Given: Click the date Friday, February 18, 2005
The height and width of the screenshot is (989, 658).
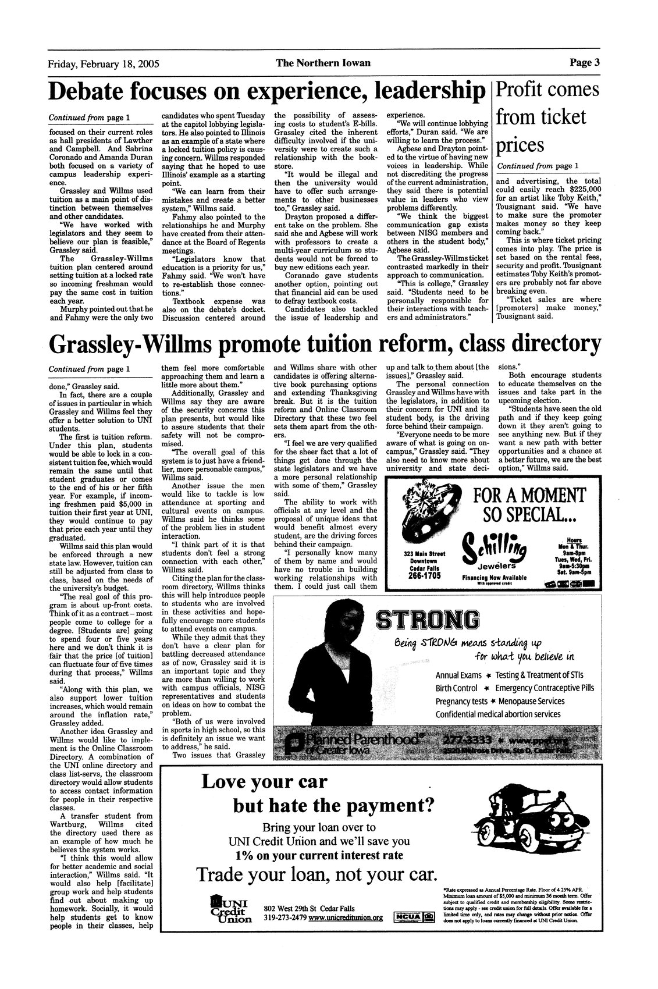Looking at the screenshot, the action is point(104,63).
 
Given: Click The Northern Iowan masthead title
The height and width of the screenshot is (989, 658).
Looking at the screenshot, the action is point(323,63).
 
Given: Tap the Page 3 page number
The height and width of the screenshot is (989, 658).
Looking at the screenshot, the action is point(584,62).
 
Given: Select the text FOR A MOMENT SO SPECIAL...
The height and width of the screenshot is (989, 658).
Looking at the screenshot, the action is point(528,504).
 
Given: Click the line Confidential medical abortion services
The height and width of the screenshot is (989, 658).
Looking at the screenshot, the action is point(498,714).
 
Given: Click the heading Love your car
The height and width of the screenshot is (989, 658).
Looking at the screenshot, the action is point(264,781).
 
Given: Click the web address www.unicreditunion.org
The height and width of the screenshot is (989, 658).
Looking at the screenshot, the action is point(346,917).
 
